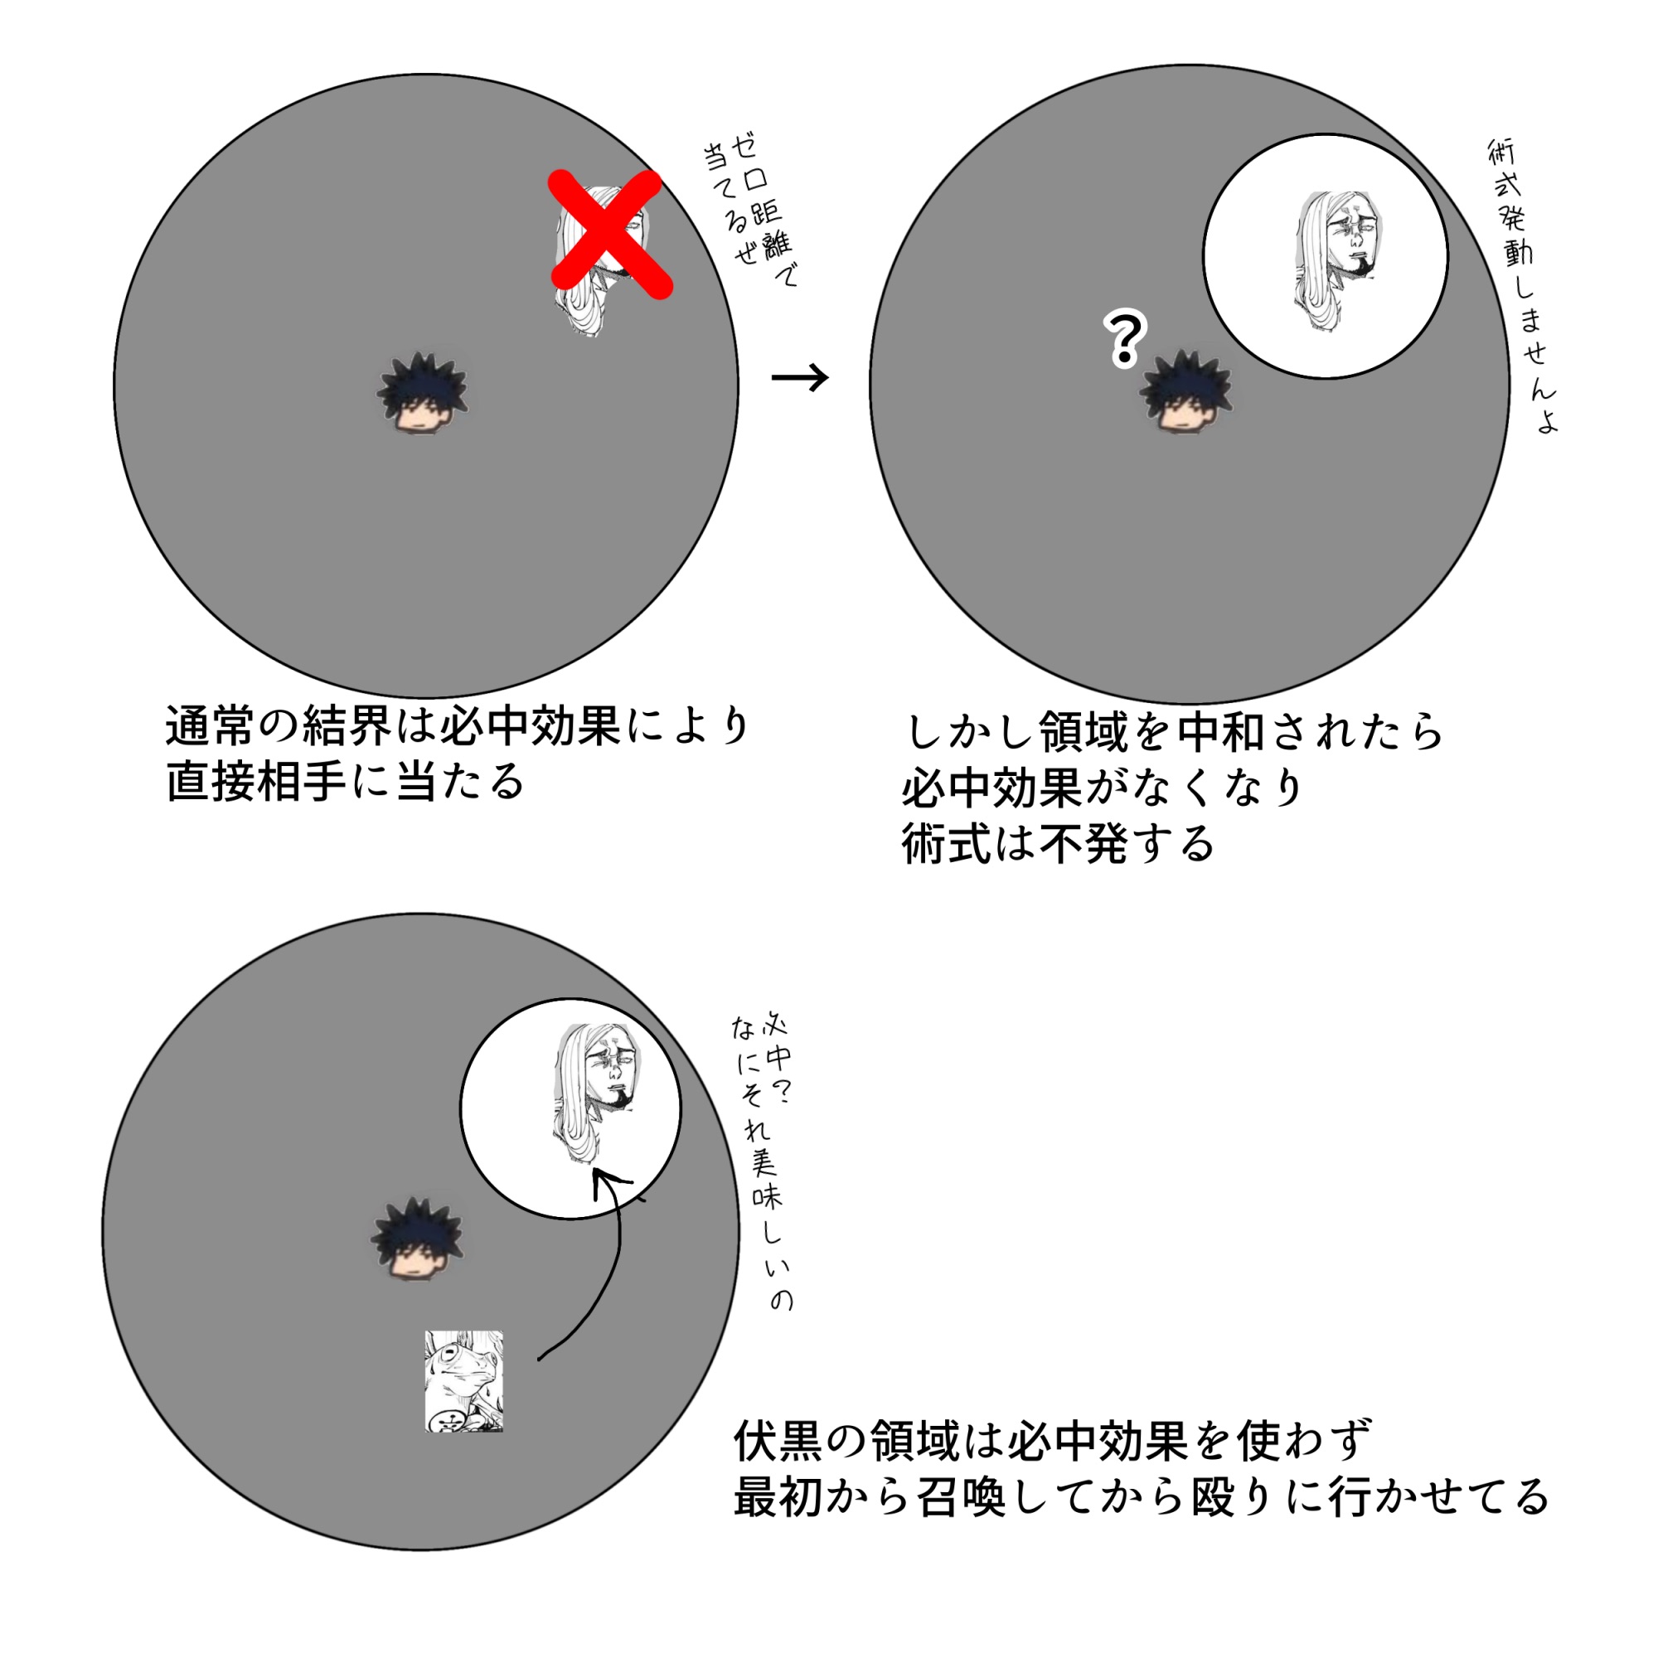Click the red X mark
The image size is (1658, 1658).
(x=610, y=234)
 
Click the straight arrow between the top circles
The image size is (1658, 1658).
(x=800, y=376)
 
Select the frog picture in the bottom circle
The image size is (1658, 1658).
(x=463, y=1381)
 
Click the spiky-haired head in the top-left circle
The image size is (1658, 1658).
(x=422, y=392)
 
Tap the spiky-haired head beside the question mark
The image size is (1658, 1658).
(x=1185, y=390)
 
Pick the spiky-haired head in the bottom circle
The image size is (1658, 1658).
(x=416, y=1239)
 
